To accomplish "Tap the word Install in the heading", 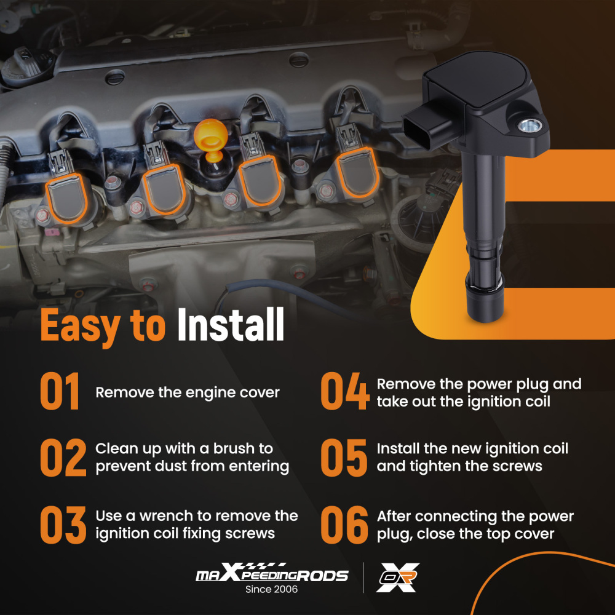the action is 231,324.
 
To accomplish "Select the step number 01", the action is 60,391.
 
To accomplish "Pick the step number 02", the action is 63,458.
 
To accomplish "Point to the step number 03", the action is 63,525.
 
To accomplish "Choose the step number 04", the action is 345,391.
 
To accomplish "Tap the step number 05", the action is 344,458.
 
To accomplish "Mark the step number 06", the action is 344,525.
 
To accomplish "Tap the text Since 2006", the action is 271,589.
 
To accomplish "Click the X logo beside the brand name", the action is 397,577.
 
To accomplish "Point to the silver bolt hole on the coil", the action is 530,125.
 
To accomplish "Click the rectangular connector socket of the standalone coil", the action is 416,132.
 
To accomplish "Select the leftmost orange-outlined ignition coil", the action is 66,198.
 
